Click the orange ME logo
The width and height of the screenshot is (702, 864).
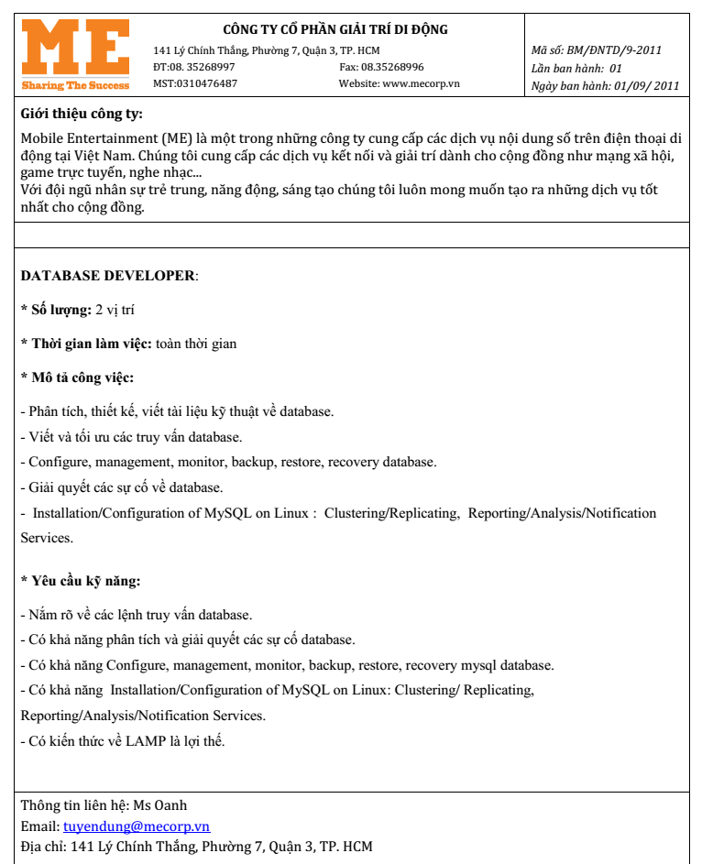click(75, 47)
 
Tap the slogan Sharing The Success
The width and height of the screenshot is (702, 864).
click(75, 85)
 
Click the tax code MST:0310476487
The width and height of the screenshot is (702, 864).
click(195, 83)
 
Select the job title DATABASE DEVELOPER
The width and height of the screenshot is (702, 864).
click(107, 276)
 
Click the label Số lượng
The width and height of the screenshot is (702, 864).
click(60, 310)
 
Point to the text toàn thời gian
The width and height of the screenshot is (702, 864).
click(196, 344)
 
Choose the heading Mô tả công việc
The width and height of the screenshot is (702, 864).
click(81, 377)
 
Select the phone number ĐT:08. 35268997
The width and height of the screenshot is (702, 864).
click(194, 67)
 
